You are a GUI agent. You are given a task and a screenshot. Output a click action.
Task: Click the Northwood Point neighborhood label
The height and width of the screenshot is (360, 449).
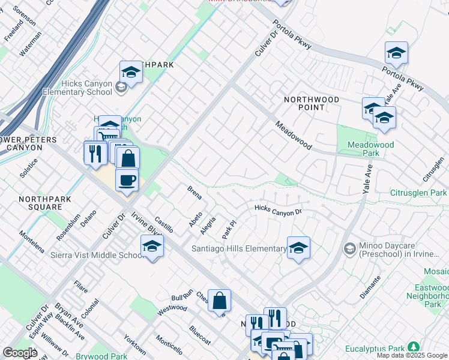coord(312,103)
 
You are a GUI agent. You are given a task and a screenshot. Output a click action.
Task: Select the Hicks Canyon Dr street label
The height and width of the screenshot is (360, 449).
coord(277,209)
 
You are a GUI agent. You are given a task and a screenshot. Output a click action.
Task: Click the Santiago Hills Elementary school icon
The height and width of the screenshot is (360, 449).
coord(298,248)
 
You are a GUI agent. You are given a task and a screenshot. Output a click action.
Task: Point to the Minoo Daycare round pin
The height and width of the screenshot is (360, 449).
coord(349,248)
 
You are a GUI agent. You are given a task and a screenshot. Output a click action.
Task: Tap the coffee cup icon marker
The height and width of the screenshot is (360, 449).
coord(127,179)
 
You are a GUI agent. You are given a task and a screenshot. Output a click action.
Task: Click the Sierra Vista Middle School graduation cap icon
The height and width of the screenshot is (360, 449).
coord(152,247)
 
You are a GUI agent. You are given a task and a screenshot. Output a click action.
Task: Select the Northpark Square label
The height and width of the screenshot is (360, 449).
coord(44,203)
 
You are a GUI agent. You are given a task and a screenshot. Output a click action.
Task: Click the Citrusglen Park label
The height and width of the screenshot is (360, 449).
coord(420,193)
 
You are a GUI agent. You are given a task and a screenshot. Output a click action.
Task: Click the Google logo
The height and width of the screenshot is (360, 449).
coord(20,353)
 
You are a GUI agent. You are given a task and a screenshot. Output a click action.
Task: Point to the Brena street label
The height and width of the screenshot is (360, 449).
coord(193,193)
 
